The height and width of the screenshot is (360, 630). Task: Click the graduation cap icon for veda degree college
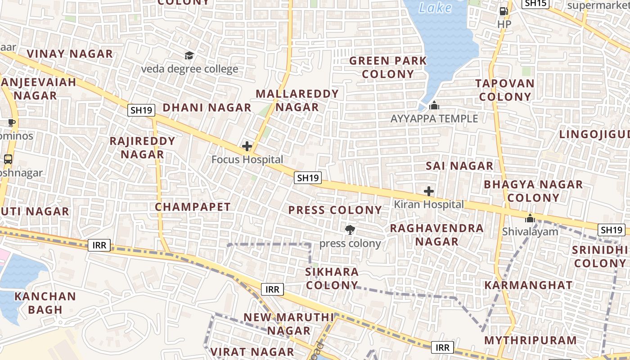[189, 55]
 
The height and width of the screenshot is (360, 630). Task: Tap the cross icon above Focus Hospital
[247, 146]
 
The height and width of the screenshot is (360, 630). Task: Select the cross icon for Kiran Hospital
[429, 191]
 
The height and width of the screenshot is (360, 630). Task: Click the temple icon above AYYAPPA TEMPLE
[434, 106]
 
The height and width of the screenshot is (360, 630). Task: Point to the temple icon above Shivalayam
[530, 218]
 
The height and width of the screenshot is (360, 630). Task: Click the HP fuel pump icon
[504, 11]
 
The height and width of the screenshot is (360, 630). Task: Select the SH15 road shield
[535, 3]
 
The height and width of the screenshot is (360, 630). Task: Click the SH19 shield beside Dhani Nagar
[141, 110]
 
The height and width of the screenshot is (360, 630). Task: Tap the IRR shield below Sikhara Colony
[272, 289]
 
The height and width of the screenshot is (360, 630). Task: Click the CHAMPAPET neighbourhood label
[193, 207]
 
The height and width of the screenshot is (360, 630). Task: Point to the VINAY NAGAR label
[70, 54]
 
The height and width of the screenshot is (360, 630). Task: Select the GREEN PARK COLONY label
[388, 67]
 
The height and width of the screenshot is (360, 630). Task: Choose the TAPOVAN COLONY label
[505, 90]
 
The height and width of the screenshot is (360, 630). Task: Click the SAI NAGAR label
[459, 166]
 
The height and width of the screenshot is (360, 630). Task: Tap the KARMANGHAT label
[528, 285]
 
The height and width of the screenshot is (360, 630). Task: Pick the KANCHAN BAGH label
[45, 303]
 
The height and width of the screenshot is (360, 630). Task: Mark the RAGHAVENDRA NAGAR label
[436, 234]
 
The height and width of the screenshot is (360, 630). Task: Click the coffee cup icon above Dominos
[12, 123]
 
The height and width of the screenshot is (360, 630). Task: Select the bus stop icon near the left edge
[8, 159]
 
